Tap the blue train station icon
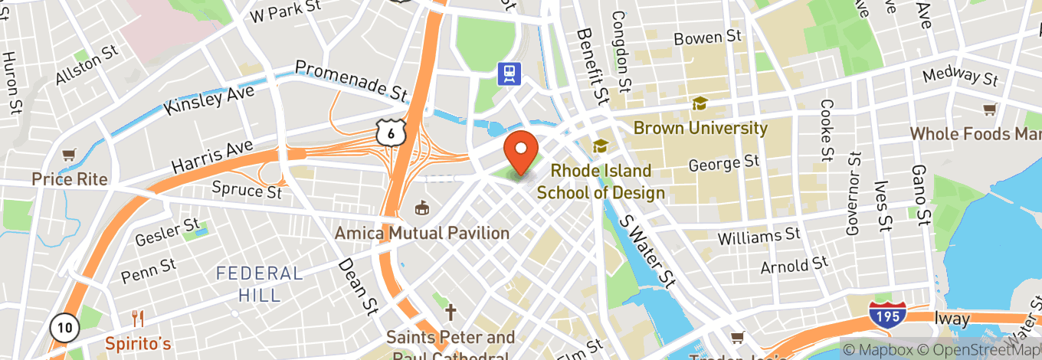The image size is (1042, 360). pyautogui.click(x=508, y=74)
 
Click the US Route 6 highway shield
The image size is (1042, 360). pyautogui.click(x=390, y=134)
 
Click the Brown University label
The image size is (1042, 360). pyautogui.click(x=700, y=128)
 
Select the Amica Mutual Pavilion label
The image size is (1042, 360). pyautogui.click(x=422, y=232)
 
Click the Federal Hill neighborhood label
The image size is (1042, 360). pyautogui.click(x=260, y=283)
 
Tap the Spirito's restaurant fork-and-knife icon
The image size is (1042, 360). pyautogui.click(x=139, y=319)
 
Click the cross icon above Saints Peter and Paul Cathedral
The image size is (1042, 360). pyautogui.click(x=451, y=313)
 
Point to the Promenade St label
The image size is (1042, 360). pyautogui.click(x=351, y=80)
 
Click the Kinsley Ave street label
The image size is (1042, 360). pyautogui.click(x=210, y=100)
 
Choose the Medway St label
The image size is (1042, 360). pyautogui.click(x=960, y=76)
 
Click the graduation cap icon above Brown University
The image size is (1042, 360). pyautogui.click(x=699, y=103)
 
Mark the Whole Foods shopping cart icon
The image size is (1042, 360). pyautogui.click(x=989, y=110)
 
